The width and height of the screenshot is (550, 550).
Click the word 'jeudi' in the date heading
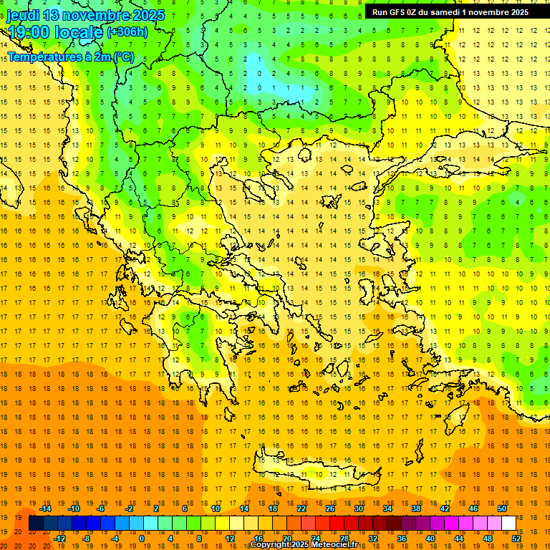pyautogui.click(x=23, y=14)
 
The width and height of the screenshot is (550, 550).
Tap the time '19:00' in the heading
pyautogui.click(x=32, y=32)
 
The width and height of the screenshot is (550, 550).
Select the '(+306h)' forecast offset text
pyautogui.click(x=127, y=32)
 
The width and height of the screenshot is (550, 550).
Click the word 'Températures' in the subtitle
pyautogui.click(x=42, y=56)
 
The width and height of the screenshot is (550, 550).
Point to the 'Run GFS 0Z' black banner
pyautogui.click(x=450, y=12)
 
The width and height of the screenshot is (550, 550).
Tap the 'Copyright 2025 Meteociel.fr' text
pyautogui.click(x=304, y=545)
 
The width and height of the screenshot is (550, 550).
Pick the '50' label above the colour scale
pyautogui.click(x=502, y=508)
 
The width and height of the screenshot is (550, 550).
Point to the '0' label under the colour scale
pyautogui.click(x=142, y=539)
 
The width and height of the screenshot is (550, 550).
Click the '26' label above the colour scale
pyautogui.click(x=330, y=508)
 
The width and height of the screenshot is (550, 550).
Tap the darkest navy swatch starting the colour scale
pyautogui.click(x=36, y=524)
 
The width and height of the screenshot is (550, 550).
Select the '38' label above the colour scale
pyautogui.click(x=416, y=508)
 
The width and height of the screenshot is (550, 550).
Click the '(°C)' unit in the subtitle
pyautogui.click(x=122, y=56)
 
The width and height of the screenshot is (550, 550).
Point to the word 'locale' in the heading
pyautogui.click(x=79, y=32)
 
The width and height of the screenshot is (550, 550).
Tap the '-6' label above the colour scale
pyautogui.click(x=102, y=508)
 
